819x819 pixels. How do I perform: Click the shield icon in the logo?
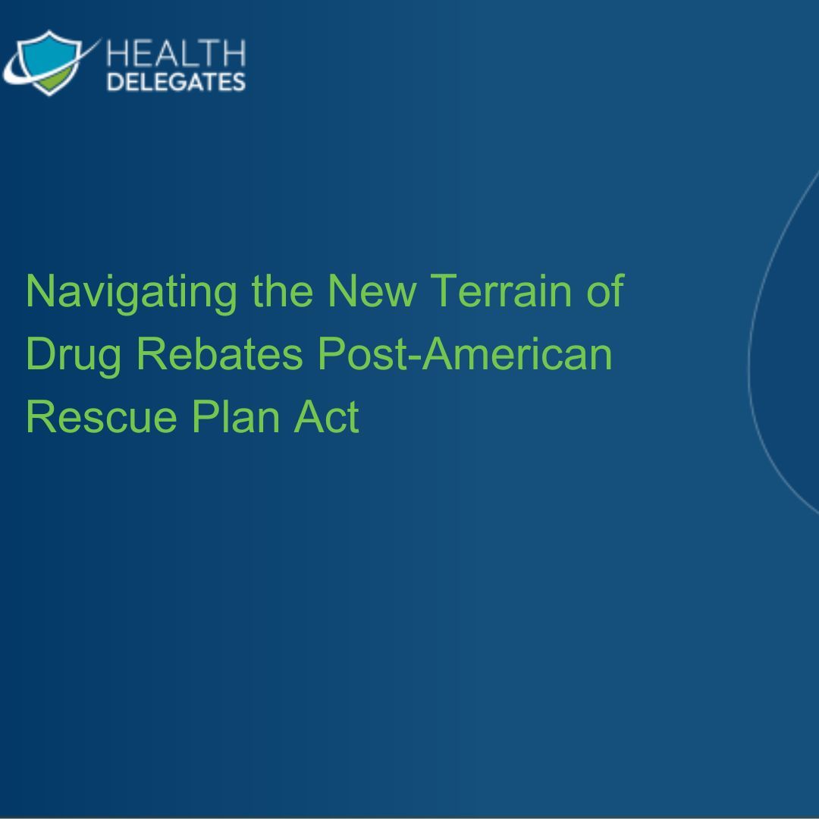49,63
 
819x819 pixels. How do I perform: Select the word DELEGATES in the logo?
176,82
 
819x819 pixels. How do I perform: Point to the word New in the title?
372,290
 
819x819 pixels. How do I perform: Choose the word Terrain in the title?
501,290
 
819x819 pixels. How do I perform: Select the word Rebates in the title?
220,353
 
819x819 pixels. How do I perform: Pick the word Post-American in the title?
465,353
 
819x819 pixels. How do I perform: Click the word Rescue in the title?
102,416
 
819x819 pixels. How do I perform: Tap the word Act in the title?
326,416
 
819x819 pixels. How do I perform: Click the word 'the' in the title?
283,290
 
